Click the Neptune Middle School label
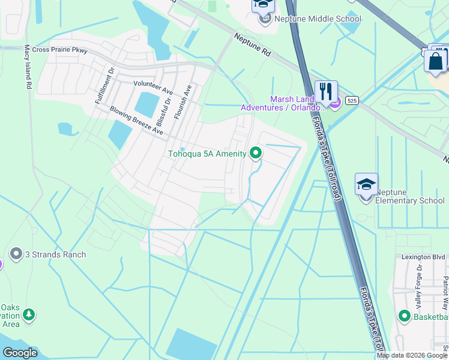tap(318, 19)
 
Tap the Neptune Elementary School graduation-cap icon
tap(366, 184)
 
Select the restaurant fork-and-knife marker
tap(326, 92)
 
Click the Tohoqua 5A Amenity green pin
tap(256, 154)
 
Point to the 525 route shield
tap(352, 101)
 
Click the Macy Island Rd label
tap(28, 68)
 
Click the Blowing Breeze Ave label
tap(136, 120)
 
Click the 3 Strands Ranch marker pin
tap(16, 254)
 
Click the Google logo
tap(20, 353)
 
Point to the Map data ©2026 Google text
tap(411, 355)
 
